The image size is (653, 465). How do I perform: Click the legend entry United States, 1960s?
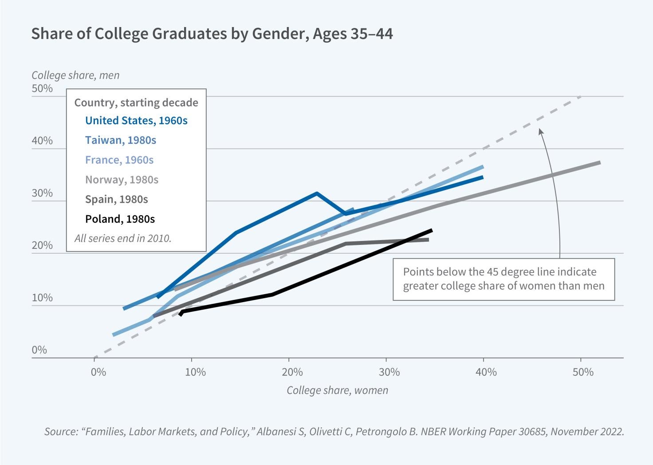136,121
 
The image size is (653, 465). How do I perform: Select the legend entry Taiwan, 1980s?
120,140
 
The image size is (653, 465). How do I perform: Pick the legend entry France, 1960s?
119,160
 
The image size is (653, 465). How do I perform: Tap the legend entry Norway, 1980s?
122,180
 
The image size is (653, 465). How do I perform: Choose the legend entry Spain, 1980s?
116,199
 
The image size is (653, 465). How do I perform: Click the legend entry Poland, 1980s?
120,219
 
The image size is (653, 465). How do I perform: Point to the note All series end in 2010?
122,238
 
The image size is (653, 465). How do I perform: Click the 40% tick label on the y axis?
42,141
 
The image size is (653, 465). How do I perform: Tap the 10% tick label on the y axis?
42,298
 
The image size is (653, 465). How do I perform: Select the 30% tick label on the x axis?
389,372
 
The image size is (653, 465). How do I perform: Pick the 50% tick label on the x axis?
583,372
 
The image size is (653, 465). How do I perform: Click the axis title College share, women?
337,390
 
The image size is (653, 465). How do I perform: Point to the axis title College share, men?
75,75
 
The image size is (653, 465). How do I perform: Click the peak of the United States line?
316,193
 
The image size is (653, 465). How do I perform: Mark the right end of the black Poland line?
431,230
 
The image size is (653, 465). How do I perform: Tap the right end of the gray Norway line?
599,163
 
